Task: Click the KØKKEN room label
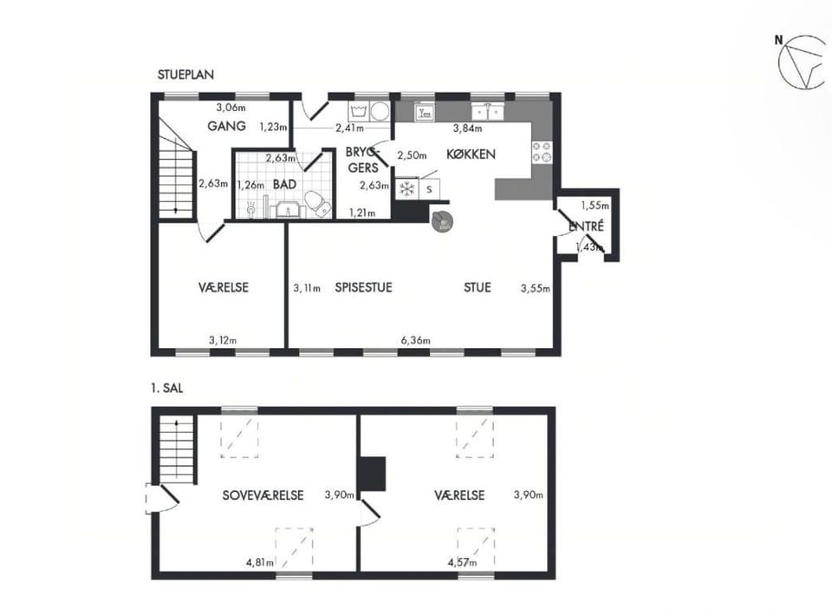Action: point(471,154)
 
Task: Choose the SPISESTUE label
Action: point(363,288)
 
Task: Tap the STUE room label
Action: point(477,288)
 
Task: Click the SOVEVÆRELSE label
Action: point(263,495)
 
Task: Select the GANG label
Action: point(227,127)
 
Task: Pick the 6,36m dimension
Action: point(417,340)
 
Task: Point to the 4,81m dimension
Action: point(260,562)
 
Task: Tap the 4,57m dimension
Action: point(462,562)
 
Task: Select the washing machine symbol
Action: point(379,112)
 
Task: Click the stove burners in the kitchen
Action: point(541,152)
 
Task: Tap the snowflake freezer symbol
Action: point(406,187)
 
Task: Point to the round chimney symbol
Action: point(442,218)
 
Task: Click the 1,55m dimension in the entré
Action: point(595,207)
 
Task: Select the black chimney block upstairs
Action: point(373,474)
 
